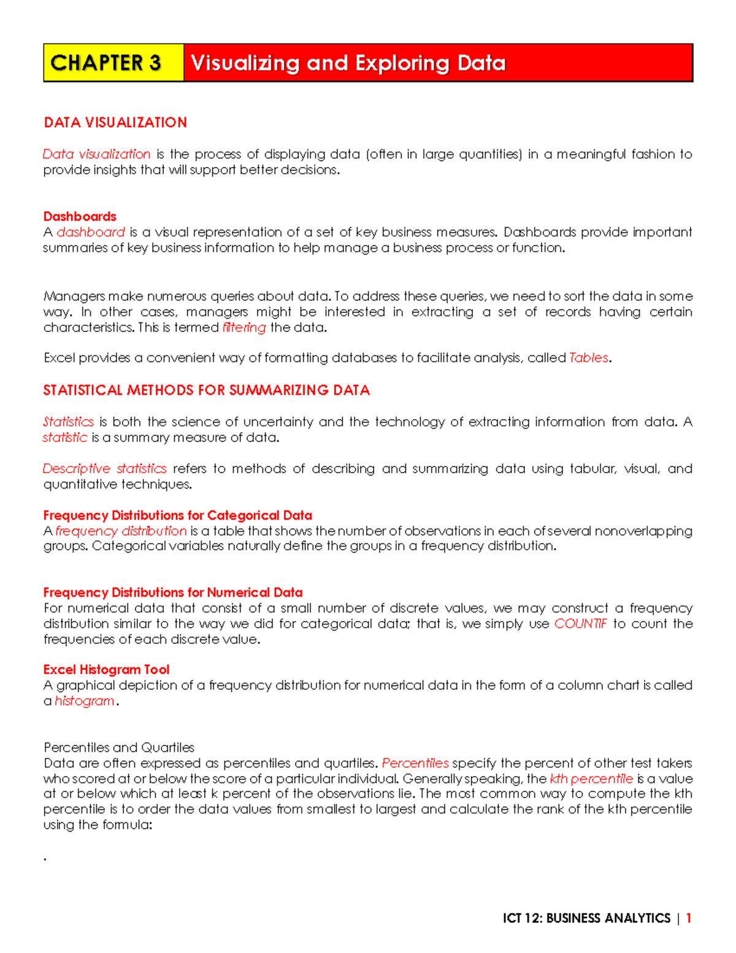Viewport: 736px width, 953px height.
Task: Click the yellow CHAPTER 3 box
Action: pyautogui.click(x=113, y=63)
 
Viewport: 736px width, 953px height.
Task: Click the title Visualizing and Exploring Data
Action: pyautogui.click(x=348, y=63)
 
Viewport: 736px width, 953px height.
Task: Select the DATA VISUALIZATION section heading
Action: pyautogui.click(x=115, y=123)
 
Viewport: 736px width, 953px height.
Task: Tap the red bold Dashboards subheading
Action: pyautogui.click(x=80, y=217)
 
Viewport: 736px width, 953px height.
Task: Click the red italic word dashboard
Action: pyautogui.click(x=91, y=232)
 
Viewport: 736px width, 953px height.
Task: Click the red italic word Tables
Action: pyautogui.click(x=589, y=358)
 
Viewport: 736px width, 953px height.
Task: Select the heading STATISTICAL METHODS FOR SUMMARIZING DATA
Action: pyautogui.click(x=206, y=390)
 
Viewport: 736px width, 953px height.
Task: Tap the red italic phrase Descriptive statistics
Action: pyautogui.click(x=104, y=469)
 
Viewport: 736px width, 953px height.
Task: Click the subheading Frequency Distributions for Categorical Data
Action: pyautogui.click(x=177, y=515)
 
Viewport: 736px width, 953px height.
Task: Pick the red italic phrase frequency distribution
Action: pyautogui.click(x=121, y=531)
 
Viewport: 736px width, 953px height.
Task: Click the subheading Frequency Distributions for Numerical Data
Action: pyautogui.click(x=172, y=593)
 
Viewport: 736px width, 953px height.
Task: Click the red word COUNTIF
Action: pyautogui.click(x=580, y=624)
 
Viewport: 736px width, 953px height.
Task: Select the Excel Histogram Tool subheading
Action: pyautogui.click(x=106, y=669)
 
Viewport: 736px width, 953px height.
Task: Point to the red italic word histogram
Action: pyautogui.click(x=85, y=701)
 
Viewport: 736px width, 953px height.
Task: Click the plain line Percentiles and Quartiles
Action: pyautogui.click(x=119, y=747)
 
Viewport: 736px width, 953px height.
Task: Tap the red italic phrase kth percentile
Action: pyautogui.click(x=591, y=779)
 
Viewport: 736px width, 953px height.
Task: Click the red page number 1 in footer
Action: pyautogui.click(x=689, y=918)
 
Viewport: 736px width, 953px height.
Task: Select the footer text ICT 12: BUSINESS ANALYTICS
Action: pyautogui.click(x=586, y=918)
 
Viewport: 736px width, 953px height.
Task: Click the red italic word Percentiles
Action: pyautogui.click(x=415, y=763)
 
